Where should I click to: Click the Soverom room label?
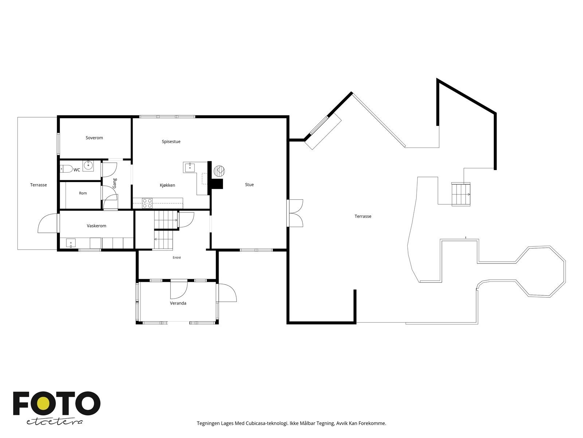pyautogui.click(x=94, y=138)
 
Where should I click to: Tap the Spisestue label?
pyautogui.click(x=171, y=142)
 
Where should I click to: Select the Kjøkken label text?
pyautogui.click(x=167, y=185)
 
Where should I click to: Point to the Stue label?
pyautogui.click(x=249, y=185)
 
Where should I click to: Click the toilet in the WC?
pyautogui.click(x=66, y=169)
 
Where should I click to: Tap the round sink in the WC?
pyautogui.click(x=88, y=166)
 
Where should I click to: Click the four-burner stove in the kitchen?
pyautogui.click(x=148, y=203)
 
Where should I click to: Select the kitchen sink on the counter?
pyautogui.click(x=189, y=168)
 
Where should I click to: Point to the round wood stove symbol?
pyautogui.click(x=219, y=171)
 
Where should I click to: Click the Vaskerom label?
pyautogui.click(x=97, y=226)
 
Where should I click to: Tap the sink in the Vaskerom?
pyautogui.click(x=71, y=243)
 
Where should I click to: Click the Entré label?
pyautogui.click(x=177, y=257)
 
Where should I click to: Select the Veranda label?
pyautogui.click(x=178, y=303)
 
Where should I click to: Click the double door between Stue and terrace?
pyautogui.click(x=295, y=213)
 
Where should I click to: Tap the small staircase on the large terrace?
pyautogui.click(x=461, y=194)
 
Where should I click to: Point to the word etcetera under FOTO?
pyautogui.click(x=54, y=422)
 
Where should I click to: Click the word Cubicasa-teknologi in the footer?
pyautogui.click(x=267, y=423)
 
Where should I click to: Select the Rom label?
pyautogui.click(x=83, y=193)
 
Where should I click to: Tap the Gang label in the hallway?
pyautogui.click(x=114, y=183)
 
